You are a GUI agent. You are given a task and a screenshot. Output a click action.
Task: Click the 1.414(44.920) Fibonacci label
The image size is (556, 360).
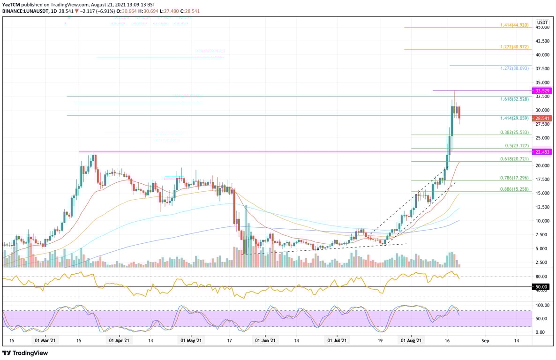(515, 24)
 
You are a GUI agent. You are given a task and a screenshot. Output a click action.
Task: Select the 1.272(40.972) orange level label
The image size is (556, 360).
(515, 46)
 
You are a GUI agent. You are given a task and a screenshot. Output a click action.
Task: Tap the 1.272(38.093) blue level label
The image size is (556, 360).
(515, 68)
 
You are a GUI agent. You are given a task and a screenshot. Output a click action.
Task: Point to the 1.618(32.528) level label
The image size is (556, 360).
(515, 99)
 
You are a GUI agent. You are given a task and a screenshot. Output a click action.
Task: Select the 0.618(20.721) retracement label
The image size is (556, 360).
(515, 159)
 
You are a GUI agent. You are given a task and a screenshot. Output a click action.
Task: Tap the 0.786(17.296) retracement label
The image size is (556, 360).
(515, 178)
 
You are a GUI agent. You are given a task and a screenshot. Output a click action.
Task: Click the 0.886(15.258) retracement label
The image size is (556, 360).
(515, 189)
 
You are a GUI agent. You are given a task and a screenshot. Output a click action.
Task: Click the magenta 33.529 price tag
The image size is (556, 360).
(542, 90)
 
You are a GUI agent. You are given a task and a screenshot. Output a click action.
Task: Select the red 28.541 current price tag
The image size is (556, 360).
(542, 118)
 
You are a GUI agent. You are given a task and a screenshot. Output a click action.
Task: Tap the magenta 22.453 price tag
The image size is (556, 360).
(542, 152)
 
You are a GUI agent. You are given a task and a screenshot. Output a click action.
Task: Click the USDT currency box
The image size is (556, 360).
(542, 22)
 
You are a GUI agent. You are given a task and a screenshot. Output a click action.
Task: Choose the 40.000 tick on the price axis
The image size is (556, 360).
(542, 55)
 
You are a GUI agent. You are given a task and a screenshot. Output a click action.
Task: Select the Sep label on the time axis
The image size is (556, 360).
(485, 341)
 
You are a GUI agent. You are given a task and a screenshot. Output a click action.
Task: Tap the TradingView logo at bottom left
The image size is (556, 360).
(25, 353)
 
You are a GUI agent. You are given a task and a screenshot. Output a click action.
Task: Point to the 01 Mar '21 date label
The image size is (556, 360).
(45, 341)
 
